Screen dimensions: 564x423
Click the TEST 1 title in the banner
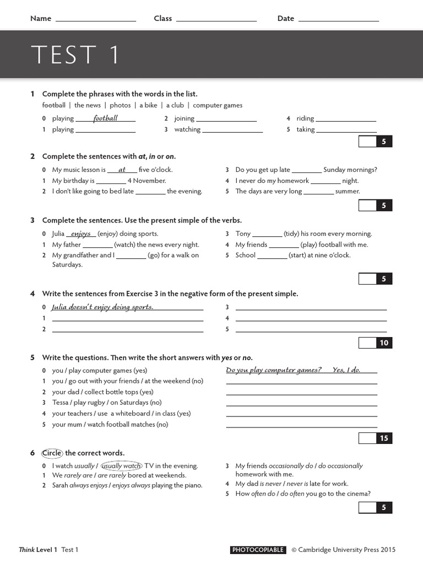pos(75,55)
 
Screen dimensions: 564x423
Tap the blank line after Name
pos(96,20)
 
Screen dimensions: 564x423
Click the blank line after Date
pos(338,20)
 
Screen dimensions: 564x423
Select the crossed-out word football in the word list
pos(53,105)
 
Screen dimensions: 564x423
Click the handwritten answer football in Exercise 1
pos(105,118)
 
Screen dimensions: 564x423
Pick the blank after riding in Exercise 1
pos(346,120)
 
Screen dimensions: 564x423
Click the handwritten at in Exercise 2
pos(122,170)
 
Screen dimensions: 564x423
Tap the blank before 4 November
pos(111,182)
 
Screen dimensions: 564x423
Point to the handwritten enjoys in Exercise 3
pos(81,234)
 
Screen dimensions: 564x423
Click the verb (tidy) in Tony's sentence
pos(291,234)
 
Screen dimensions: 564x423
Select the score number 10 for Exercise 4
pos(384,343)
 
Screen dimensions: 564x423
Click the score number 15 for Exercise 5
pos(384,438)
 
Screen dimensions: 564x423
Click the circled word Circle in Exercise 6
pos(52,453)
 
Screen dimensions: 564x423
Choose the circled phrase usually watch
pos(121,466)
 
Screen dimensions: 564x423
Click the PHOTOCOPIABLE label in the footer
pos(258,550)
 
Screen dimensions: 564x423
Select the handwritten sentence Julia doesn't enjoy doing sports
pos(102,307)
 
